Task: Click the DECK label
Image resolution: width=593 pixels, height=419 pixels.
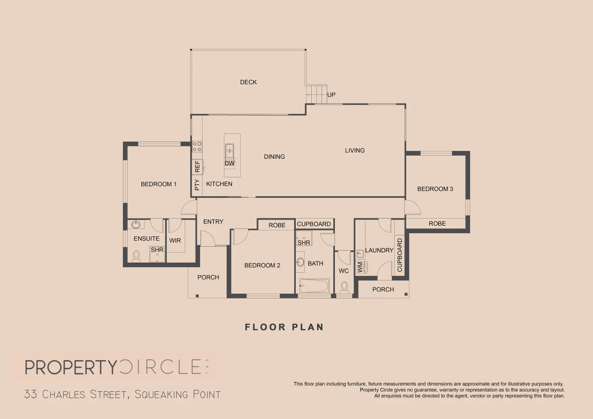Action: point(248,82)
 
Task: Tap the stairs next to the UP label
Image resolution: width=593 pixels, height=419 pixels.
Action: point(316,94)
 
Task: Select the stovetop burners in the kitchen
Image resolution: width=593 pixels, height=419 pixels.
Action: point(197,146)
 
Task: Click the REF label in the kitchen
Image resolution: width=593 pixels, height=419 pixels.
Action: point(197,166)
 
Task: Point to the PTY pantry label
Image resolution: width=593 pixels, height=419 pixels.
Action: point(197,185)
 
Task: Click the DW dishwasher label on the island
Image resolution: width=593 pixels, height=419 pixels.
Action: point(229,163)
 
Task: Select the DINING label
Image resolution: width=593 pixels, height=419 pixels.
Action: point(274,157)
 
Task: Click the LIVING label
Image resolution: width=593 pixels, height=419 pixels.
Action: point(355,151)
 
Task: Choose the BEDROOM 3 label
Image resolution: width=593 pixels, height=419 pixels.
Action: point(435,189)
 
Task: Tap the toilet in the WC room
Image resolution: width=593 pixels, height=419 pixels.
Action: point(344,287)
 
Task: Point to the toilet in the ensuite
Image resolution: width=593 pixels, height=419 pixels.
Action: point(136,256)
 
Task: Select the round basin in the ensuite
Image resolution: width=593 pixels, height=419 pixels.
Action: point(136,224)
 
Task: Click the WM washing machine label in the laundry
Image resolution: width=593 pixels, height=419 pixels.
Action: point(360,267)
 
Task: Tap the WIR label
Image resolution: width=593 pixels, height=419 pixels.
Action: point(175,241)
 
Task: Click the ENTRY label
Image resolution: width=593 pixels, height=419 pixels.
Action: point(213,222)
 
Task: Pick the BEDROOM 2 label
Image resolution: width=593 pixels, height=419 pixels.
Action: point(262,265)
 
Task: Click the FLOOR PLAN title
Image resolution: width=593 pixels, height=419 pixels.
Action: point(284,327)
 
